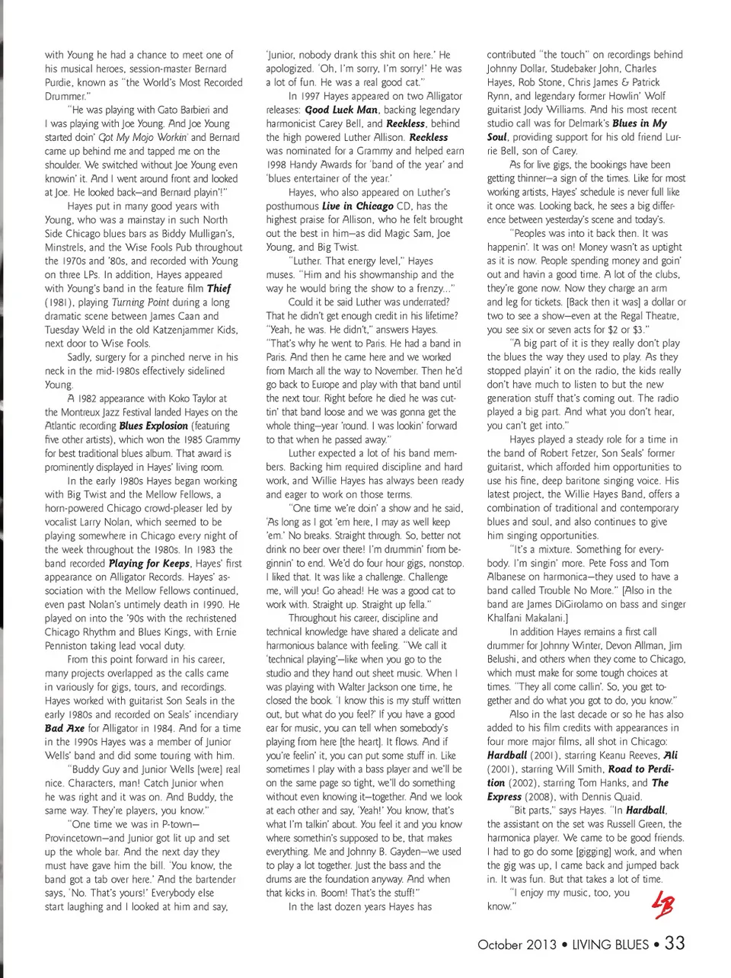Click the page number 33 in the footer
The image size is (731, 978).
[675, 943]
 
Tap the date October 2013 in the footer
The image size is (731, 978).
[517, 944]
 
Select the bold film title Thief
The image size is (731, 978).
[219, 289]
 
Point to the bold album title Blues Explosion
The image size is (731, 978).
[153, 426]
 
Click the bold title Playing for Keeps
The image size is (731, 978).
[149, 564]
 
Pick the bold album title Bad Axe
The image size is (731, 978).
[65, 728]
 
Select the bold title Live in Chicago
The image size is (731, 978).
[357, 206]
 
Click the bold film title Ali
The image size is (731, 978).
[670, 756]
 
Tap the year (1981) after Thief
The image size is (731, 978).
[59, 302]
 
